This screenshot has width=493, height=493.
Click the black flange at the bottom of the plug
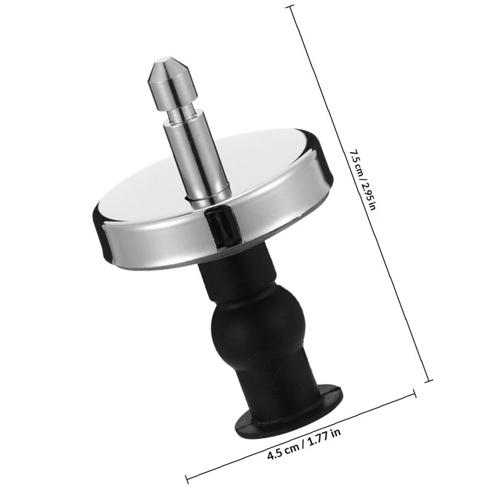[x=288, y=410]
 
